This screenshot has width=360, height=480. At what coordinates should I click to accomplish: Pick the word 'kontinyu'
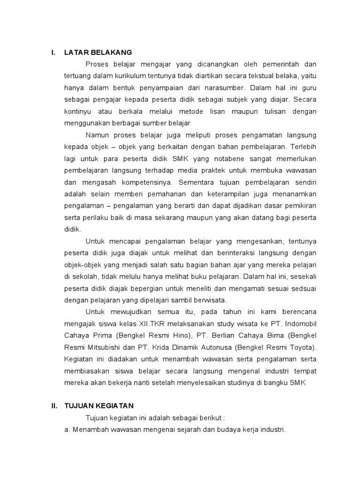click(x=78, y=112)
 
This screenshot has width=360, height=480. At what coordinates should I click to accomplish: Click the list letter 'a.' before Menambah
click(x=67, y=429)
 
